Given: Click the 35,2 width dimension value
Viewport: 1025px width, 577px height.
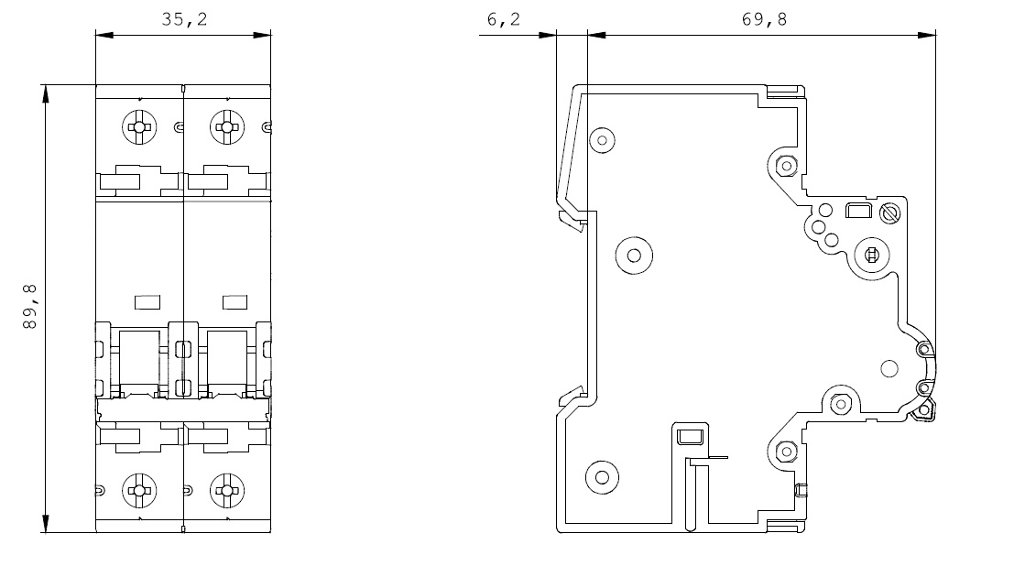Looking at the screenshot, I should [184, 19].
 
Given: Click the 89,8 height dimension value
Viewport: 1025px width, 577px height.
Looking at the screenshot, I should [31, 307].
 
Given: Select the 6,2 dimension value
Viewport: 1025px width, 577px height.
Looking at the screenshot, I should [503, 19].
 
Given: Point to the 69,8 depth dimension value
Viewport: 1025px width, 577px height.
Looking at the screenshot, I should [764, 19].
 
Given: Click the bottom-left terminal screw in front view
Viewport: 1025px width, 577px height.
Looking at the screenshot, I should [139, 490].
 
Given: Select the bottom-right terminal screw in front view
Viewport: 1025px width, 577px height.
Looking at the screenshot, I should [226, 490].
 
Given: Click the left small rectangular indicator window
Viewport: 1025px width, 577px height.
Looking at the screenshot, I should [147, 301].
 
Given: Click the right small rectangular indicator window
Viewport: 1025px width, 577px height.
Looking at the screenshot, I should [236, 301].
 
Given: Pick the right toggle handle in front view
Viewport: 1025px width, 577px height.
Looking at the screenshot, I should [228, 361].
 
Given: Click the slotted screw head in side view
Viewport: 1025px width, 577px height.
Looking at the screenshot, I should [887, 213].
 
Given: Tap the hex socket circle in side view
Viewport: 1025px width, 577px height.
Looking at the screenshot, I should [871, 256].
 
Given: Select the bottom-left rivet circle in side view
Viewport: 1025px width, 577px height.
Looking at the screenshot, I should [602, 476].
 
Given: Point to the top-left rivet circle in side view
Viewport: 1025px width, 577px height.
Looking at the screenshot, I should [602, 140].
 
